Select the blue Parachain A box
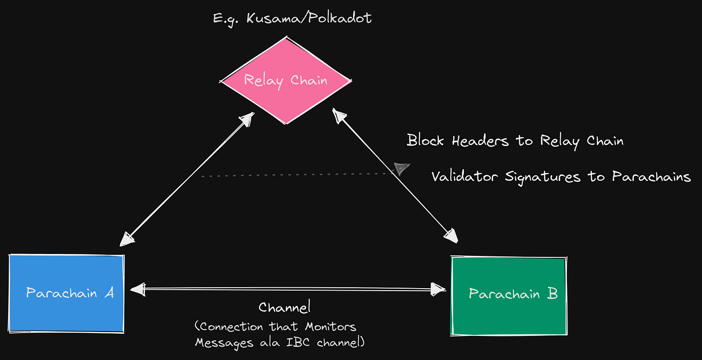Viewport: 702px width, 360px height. click(67, 293)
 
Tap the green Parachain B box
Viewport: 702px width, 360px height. click(509, 295)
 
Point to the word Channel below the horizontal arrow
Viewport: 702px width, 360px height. click(285, 307)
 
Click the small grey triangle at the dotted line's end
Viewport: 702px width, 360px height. click(401, 168)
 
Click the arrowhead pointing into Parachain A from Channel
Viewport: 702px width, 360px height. click(138, 289)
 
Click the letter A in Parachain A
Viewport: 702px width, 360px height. click(109, 293)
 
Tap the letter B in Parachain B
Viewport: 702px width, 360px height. click(552, 293)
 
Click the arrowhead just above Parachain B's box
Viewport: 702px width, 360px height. click(451, 236)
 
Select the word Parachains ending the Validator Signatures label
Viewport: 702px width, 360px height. click(651, 177)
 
